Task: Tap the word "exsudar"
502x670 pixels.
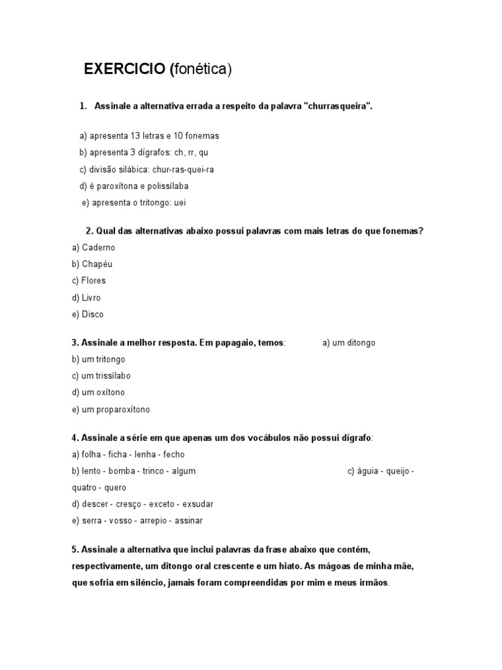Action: (197, 504)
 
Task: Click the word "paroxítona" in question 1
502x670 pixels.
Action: (115, 186)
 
